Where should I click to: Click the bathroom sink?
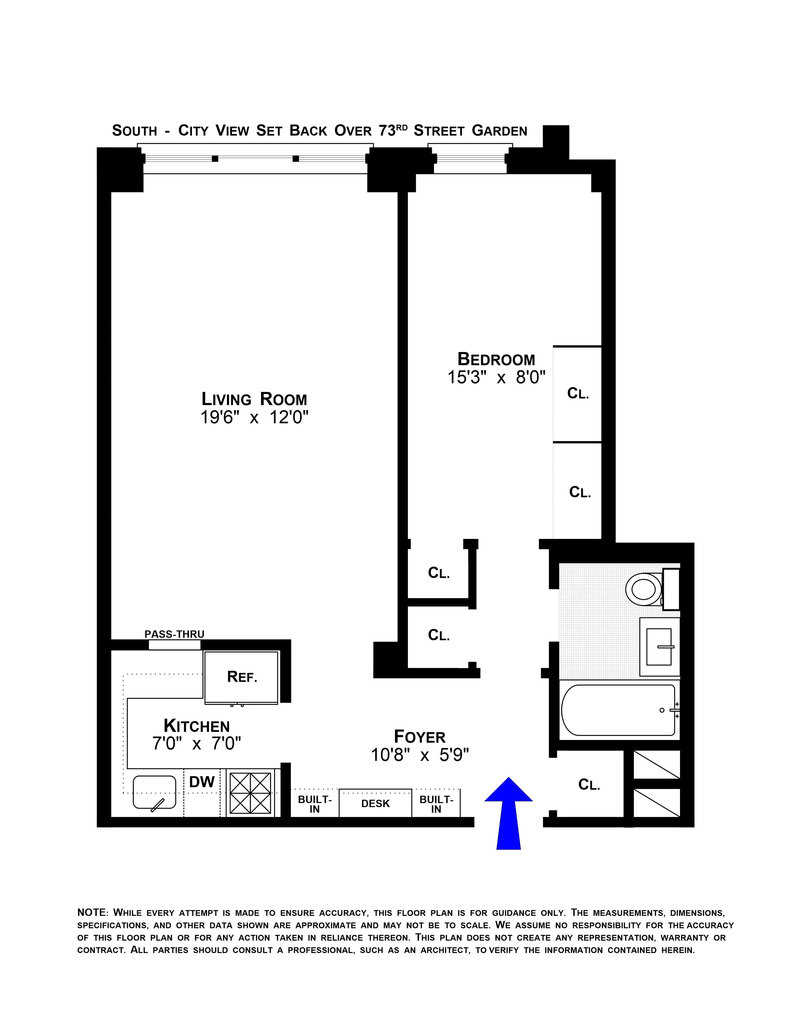pos(659,647)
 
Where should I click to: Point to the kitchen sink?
pos(154,792)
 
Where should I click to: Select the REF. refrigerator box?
pos(242,677)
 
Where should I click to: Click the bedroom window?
pos(470,158)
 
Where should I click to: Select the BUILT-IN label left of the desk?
pos(315,804)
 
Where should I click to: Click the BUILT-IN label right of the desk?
pos(436,804)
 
